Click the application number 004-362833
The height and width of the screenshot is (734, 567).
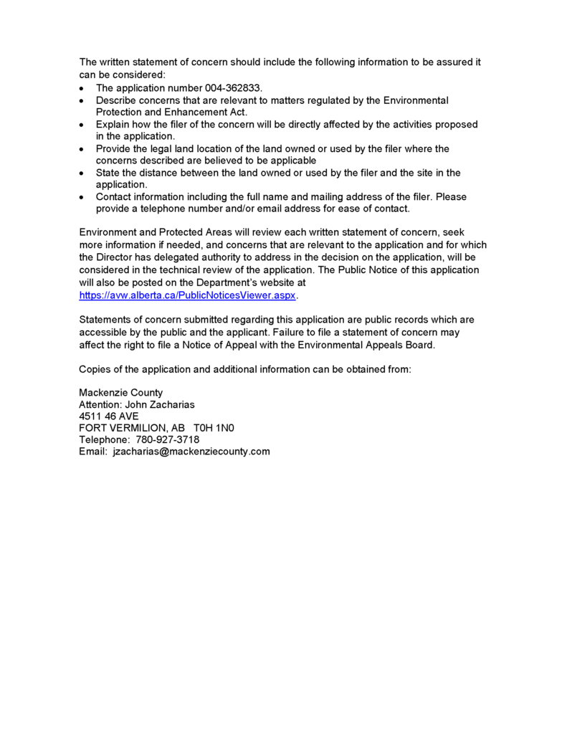pyautogui.click(x=222, y=88)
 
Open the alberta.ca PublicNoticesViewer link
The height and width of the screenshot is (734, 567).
pyautogui.click(x=187, y=295)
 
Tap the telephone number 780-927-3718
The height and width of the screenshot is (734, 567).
pyautogui.click(x=168, y=439)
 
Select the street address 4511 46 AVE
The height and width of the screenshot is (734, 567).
pyautogui.click(x=109, y=416)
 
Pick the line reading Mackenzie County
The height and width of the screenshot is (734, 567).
pyautogui.click(x=120, y=393)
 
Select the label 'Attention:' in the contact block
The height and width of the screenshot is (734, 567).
pyautogui.click(x=100, y=404)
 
